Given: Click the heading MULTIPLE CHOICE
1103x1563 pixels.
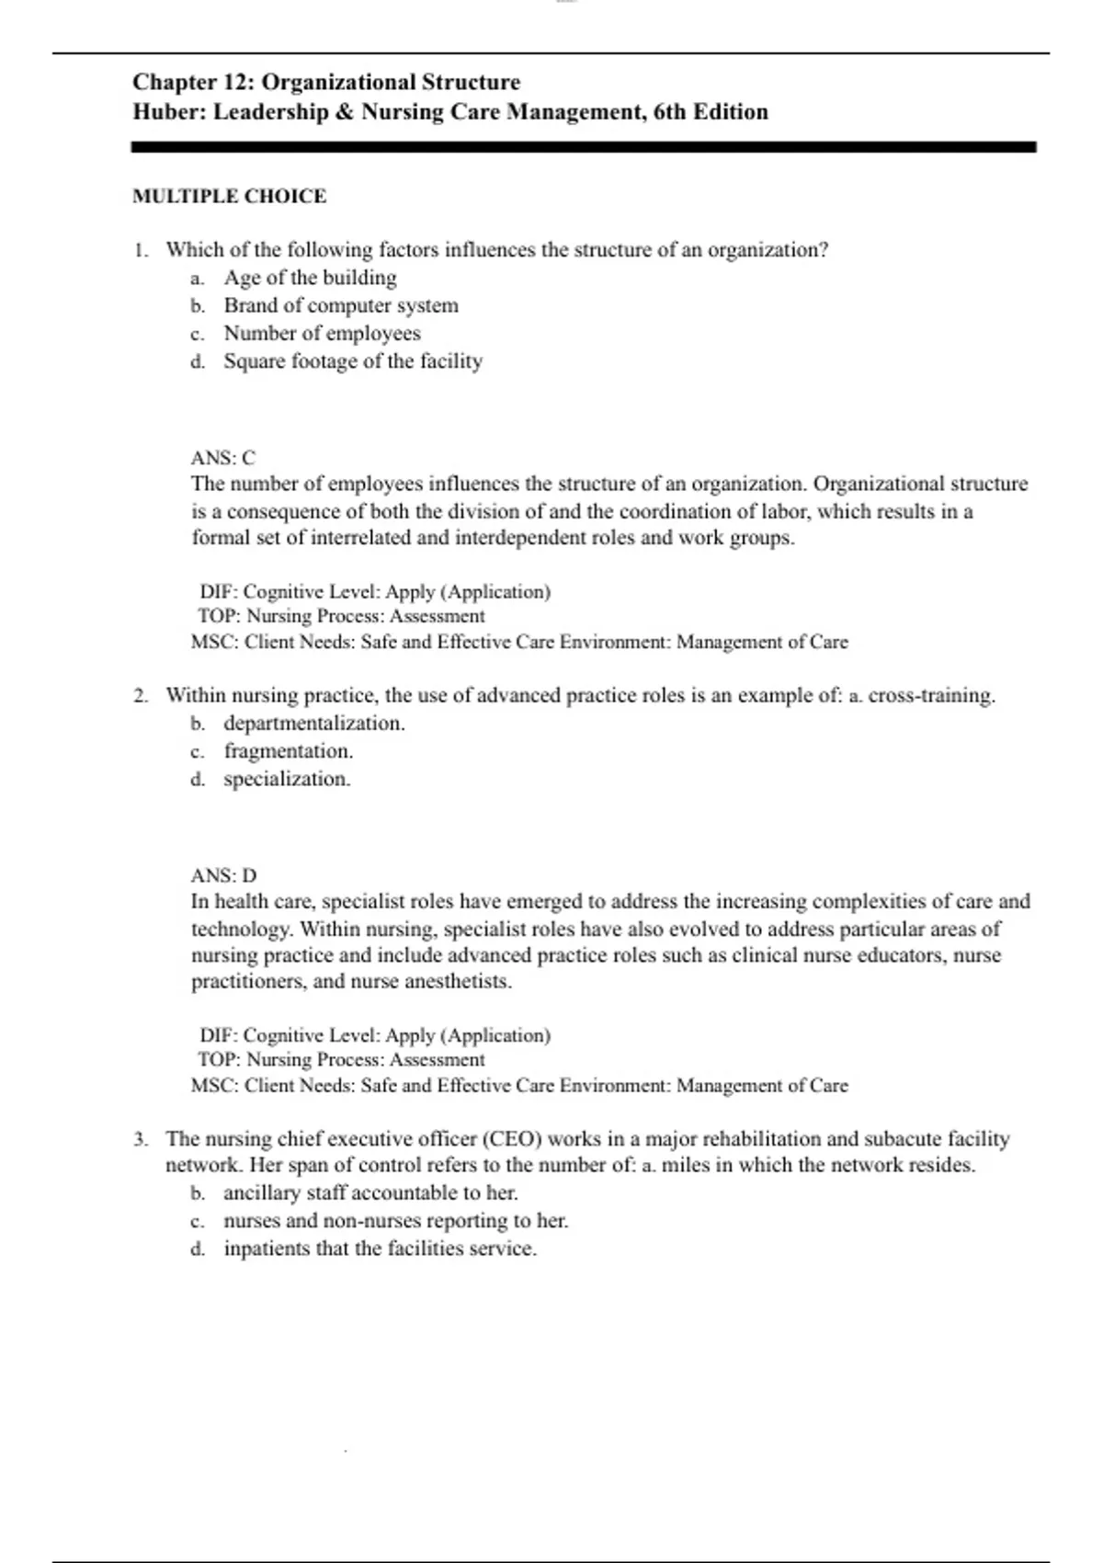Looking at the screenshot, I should (x=229, y=196).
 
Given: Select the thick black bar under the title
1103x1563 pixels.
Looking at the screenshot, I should (x=584, y=146).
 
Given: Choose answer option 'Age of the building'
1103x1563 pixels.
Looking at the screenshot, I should (x=310, y=278).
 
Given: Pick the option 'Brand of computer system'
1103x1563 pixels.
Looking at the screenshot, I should (x=340, y=305).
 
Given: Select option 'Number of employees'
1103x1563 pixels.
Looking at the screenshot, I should (x=322, y=333).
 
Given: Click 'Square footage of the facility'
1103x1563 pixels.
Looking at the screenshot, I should (x=352, y=361).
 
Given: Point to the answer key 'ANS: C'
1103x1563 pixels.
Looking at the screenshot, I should (x=223, y=458).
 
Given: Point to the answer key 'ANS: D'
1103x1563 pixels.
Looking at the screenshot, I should (x=223, y=875).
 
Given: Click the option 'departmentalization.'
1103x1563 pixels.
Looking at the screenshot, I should (x=313, y=724).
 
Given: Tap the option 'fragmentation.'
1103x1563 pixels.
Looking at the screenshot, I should (x=288, y=751).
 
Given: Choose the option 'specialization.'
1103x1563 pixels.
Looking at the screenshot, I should (x=287, y=780).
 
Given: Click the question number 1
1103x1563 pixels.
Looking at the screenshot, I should (x=140, y=250).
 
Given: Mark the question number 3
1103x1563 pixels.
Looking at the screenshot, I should (x=140, y=1139).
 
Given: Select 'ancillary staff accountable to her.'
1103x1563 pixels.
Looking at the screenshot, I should (x=370, y=1193).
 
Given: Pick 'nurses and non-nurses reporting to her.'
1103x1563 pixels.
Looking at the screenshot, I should (x=395, y=1221).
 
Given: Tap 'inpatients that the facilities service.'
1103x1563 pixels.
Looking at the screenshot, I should (x=380, y=1249).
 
